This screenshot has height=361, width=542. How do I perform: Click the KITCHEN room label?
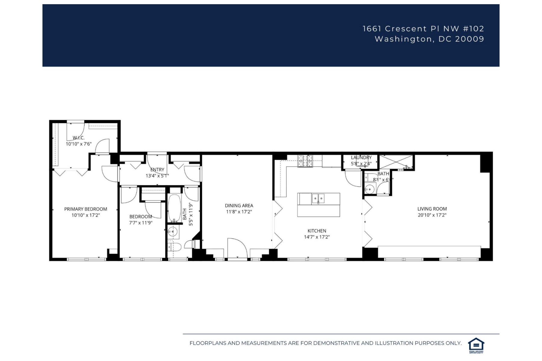[x=316, y=231]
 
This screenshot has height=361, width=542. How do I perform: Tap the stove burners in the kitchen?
[x=305, y=161]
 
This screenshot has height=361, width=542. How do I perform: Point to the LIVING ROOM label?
[x=432, y=209]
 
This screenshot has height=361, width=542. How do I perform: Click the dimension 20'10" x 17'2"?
[x=432, y=215]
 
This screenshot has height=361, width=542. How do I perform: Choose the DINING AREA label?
[x=239, y=205]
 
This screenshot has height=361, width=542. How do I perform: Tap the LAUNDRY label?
[x=361, y=157]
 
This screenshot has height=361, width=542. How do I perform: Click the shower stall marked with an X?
[x=396, y=162]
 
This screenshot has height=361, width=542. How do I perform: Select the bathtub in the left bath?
[x=174, y=208]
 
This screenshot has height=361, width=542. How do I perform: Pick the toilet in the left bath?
[x=174, y=248]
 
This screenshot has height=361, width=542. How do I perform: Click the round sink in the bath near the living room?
[x=369, y=190]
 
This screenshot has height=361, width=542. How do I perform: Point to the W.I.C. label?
[x=79, y=138]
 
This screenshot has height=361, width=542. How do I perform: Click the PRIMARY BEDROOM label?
[x=86, y=209]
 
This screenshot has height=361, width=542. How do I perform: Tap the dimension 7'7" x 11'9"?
[x=141, y=223]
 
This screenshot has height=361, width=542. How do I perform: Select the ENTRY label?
[x=157, y=170]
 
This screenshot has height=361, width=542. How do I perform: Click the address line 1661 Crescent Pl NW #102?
[x=423, y=29]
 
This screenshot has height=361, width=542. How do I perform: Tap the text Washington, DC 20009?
[x=429, y=39]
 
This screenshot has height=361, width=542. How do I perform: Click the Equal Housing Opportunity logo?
[x=476, y=345]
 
